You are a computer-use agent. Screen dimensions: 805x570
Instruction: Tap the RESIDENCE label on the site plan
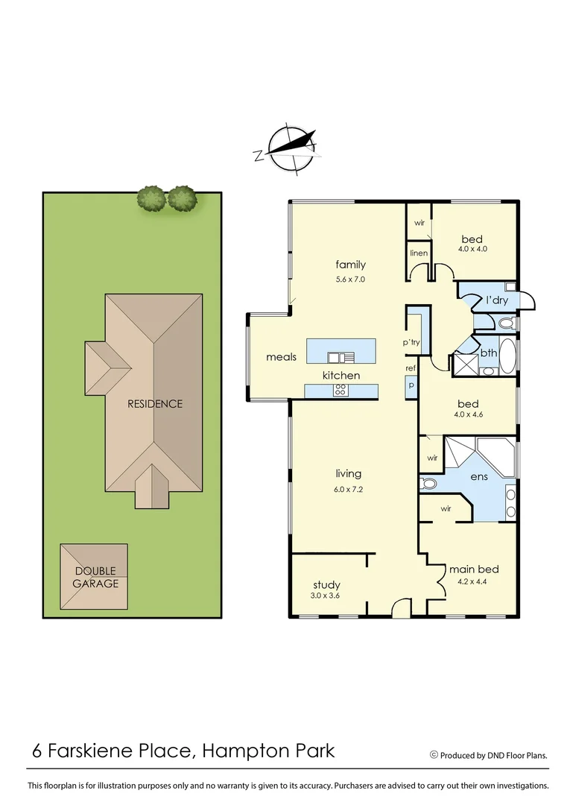coord(154,404)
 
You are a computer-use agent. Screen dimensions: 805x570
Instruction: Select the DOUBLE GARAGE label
coord(95,578)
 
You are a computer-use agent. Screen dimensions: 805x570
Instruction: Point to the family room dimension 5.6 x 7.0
coord(350,280)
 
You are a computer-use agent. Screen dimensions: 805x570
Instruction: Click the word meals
coord(281,357)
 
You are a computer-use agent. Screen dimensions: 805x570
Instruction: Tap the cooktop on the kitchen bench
coord(340,389)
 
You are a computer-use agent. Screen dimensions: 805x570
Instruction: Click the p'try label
coord(411,342)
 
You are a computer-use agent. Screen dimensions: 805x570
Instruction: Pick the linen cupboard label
coord(419,253)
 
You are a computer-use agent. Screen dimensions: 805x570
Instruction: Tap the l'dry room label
coord(496,300)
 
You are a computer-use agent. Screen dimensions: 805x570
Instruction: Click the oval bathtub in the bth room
coord(507,357)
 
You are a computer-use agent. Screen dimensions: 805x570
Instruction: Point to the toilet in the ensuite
coord(428,483)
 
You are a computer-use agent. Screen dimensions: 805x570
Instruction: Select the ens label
coord(478,476)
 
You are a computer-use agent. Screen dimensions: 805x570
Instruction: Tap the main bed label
coord(473,569)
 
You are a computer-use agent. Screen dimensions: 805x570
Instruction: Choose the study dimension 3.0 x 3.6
coord(326,596)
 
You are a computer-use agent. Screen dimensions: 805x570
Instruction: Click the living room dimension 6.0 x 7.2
coord(348,490)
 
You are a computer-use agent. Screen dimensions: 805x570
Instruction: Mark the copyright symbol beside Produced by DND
coord(434,754)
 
